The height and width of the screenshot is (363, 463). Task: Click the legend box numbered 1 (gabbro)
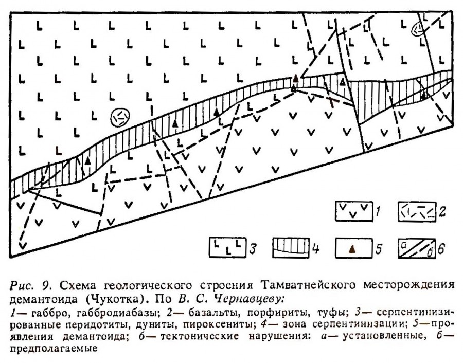(x=354, y=211)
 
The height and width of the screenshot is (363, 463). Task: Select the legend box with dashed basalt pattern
(x=417, y=212)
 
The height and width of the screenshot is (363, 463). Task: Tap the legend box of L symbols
(x=227, y=247)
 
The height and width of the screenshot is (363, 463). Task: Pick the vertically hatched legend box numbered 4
(x=291, y=248)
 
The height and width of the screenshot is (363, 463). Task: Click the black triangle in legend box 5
(x=352, y=250)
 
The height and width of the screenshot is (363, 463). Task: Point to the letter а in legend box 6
(x=403, y=245)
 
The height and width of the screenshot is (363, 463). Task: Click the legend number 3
(x=252, y=248)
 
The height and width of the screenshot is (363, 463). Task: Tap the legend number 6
(x=441, y=249)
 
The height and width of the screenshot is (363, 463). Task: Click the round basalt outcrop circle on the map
(x=119, y=117)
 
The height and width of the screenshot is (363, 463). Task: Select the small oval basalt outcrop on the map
(x=418, y=29)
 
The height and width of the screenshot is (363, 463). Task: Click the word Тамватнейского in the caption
(x=308, y=285)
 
